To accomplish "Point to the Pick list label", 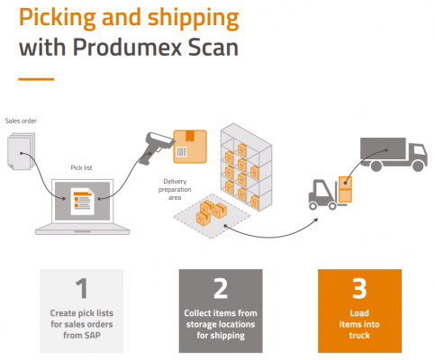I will pos(83,166).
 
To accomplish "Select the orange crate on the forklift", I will pos(348,184).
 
